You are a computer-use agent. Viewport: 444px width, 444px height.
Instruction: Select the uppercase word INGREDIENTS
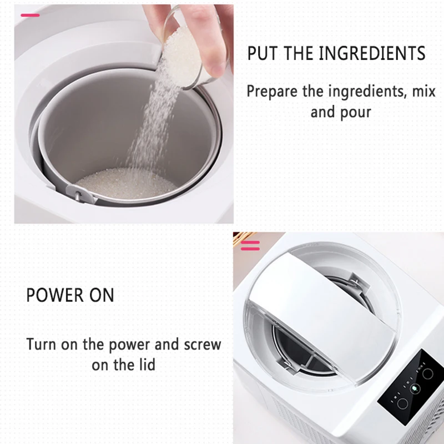pos(372,53)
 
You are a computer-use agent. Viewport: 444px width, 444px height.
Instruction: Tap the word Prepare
pos(273,92)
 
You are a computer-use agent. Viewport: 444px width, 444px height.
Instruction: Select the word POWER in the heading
pos(54,295)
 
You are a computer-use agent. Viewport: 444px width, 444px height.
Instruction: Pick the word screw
pos(202,345)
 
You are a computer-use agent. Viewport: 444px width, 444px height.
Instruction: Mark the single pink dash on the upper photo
pos(30,16)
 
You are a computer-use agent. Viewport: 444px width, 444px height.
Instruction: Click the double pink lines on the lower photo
pos(250,245)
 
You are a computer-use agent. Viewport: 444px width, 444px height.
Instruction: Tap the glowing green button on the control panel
pos(414,388)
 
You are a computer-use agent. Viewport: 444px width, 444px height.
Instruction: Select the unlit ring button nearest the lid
pos(427,374)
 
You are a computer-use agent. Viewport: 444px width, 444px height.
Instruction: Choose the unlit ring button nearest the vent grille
pos(402,403)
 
